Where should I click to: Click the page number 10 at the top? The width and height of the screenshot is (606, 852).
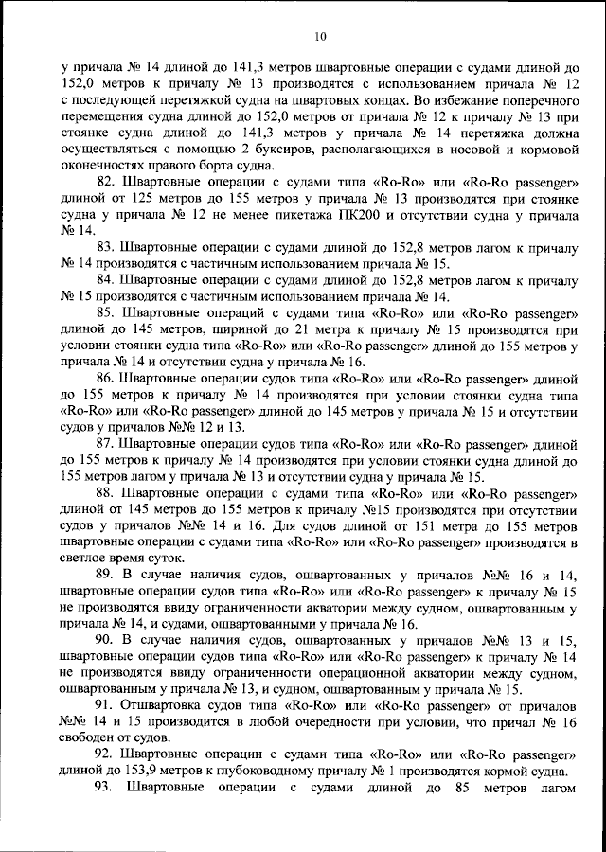point(319,36)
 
